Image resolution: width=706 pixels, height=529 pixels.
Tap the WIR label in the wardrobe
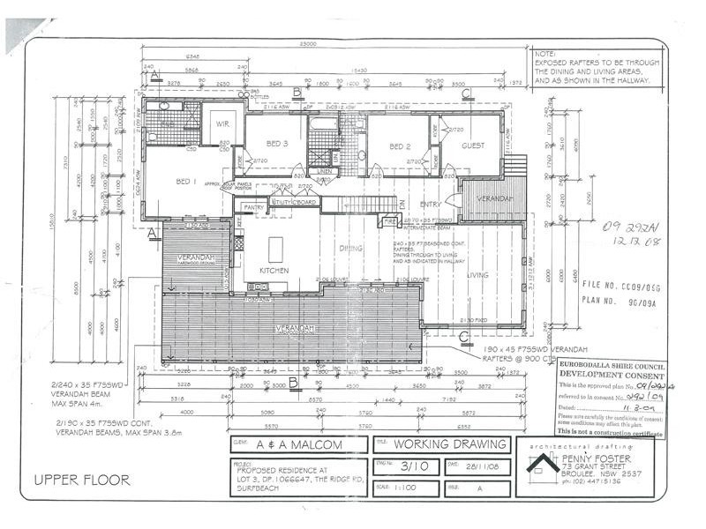pyautogui.click(x=222, y=124)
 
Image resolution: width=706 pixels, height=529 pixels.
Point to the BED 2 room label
pyautogui.click(x=402, y=146)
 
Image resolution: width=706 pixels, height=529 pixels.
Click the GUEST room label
pyautogui.click(x=473, y=145)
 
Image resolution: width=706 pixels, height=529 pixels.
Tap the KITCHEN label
pyautogui.click(x=274, y=270)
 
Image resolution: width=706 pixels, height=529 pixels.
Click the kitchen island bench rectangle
pyautogui.click(x=275, y=244)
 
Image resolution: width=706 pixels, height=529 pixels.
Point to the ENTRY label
pyautogui.click(x=431, y=204)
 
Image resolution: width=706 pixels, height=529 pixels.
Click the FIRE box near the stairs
pyautogui.click(x=390, y=222)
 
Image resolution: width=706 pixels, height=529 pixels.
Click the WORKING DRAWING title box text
pyautogui.click(x=450, y=444)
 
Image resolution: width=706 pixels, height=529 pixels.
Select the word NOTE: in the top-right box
pyautogui.click(x=545, y=55)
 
